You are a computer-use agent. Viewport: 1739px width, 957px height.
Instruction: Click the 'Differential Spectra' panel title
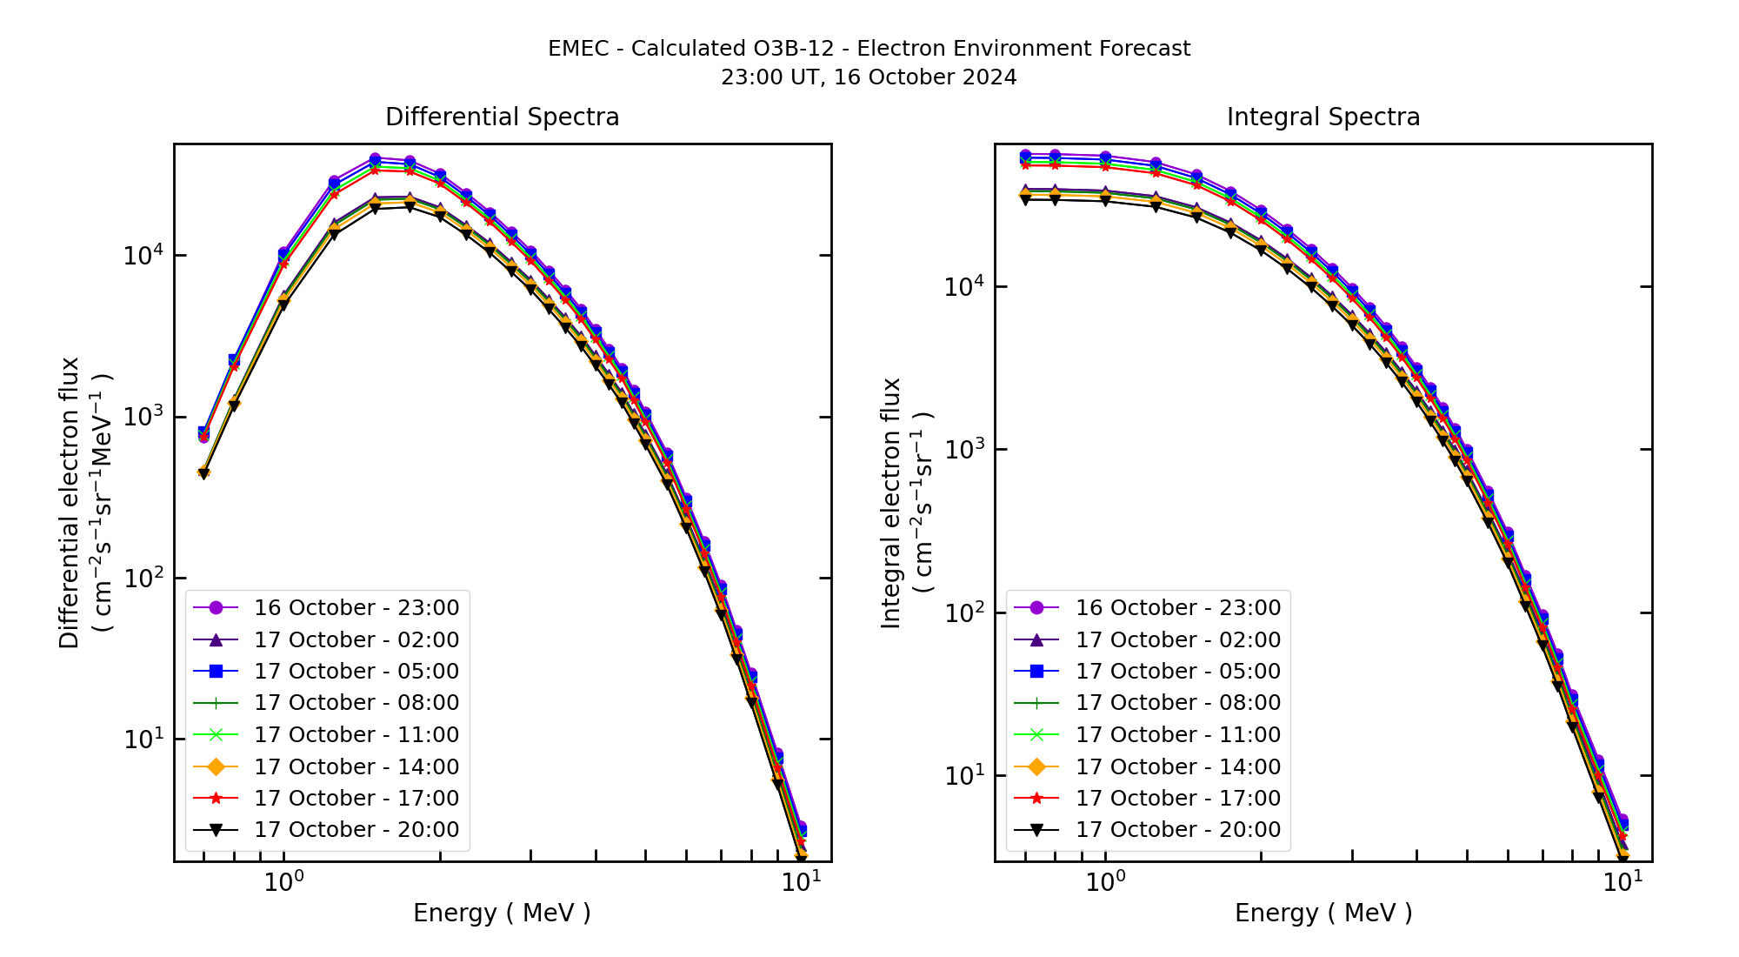click(x=502, y=117)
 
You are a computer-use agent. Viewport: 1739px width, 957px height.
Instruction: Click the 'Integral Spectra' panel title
click(x=1323, y=117)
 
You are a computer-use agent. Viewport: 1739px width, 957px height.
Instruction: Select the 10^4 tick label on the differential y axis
click(x=143, y=255)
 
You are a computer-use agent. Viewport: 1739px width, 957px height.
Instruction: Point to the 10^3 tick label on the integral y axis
click(x=964, y=450)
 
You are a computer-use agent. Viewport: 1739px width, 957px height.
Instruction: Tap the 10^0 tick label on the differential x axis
click(x=283, y=882)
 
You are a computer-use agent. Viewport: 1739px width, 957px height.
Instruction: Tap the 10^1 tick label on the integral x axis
click(x=1622, y=882)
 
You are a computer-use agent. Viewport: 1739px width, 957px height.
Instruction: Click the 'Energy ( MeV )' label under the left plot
click(x=502, y=913)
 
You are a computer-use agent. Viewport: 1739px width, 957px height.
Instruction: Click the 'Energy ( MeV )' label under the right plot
click(x=1323, y=913)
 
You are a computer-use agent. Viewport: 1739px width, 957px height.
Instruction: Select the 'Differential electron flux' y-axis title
click(x=70, y=503)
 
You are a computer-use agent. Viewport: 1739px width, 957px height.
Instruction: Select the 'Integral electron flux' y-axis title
click(x=891, y=503)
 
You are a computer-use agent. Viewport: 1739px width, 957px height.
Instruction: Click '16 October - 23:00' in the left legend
click(x=356, y=607)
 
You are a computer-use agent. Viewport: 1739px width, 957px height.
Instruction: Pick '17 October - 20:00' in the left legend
click(x=356, y=829)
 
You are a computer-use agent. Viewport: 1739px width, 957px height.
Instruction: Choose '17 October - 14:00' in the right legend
click(x=1178, y=766)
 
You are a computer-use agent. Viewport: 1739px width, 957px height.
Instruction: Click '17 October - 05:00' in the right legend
click(x=1178, y=671)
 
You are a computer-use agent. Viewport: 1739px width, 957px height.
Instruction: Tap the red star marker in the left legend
click(x=217, y=798)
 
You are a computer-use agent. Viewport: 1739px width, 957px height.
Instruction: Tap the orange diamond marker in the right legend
click(x=1037, y=766)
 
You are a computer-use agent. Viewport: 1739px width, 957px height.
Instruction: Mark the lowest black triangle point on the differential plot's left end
click(x=203, y=473)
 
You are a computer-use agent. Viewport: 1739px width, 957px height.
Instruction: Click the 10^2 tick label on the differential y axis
click(x=143, y=578)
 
